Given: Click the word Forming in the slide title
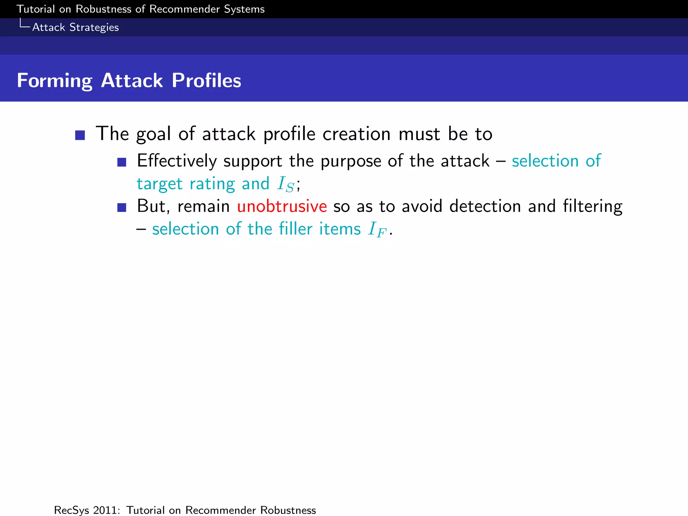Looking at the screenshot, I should [x=54, y=81].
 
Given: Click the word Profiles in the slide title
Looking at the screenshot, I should [x=206, y=81].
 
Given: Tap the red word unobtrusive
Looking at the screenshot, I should [x=282, y=206].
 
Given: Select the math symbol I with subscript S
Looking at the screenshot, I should [x=286, y=184].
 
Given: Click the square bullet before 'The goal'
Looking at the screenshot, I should [x=80, y=135].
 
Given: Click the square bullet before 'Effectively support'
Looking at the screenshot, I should [x=122, y=162].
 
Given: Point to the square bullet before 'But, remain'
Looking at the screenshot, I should [x=122, y=207].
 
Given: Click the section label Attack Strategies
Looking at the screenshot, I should [x=75, y=27].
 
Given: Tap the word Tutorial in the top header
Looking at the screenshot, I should [x=36, y=9].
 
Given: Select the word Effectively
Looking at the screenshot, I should [x=177, y=161].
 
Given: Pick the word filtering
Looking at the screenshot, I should [x=593, y=206].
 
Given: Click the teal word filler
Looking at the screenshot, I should [x=296, y=229].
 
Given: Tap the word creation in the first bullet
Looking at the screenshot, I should [x=356, y=134].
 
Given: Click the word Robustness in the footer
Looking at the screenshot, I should [x=288, y=510].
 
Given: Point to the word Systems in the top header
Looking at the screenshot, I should [x=244, y=9].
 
